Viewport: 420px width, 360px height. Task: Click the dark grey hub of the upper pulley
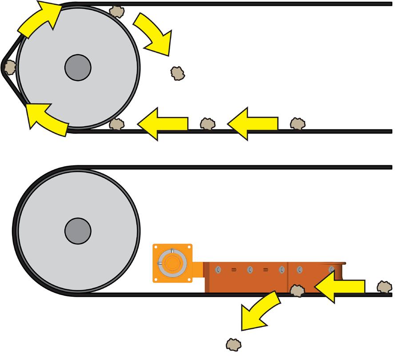78,68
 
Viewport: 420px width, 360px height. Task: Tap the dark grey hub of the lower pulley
78,231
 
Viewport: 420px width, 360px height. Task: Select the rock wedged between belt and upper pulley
9,67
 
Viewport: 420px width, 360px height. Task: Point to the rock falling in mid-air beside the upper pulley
178,73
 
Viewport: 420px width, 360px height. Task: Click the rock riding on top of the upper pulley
116,11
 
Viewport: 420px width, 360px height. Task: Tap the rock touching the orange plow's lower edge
296,291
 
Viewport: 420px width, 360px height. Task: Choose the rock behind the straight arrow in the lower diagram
384,287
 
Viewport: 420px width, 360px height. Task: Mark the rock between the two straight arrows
207,124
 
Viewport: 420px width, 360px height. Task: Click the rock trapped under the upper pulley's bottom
117,124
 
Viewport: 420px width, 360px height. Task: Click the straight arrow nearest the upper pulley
162,123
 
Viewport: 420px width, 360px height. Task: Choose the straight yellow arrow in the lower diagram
340,287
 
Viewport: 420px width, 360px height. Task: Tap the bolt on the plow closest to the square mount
218,269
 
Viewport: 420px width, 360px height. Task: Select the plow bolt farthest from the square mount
331,269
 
